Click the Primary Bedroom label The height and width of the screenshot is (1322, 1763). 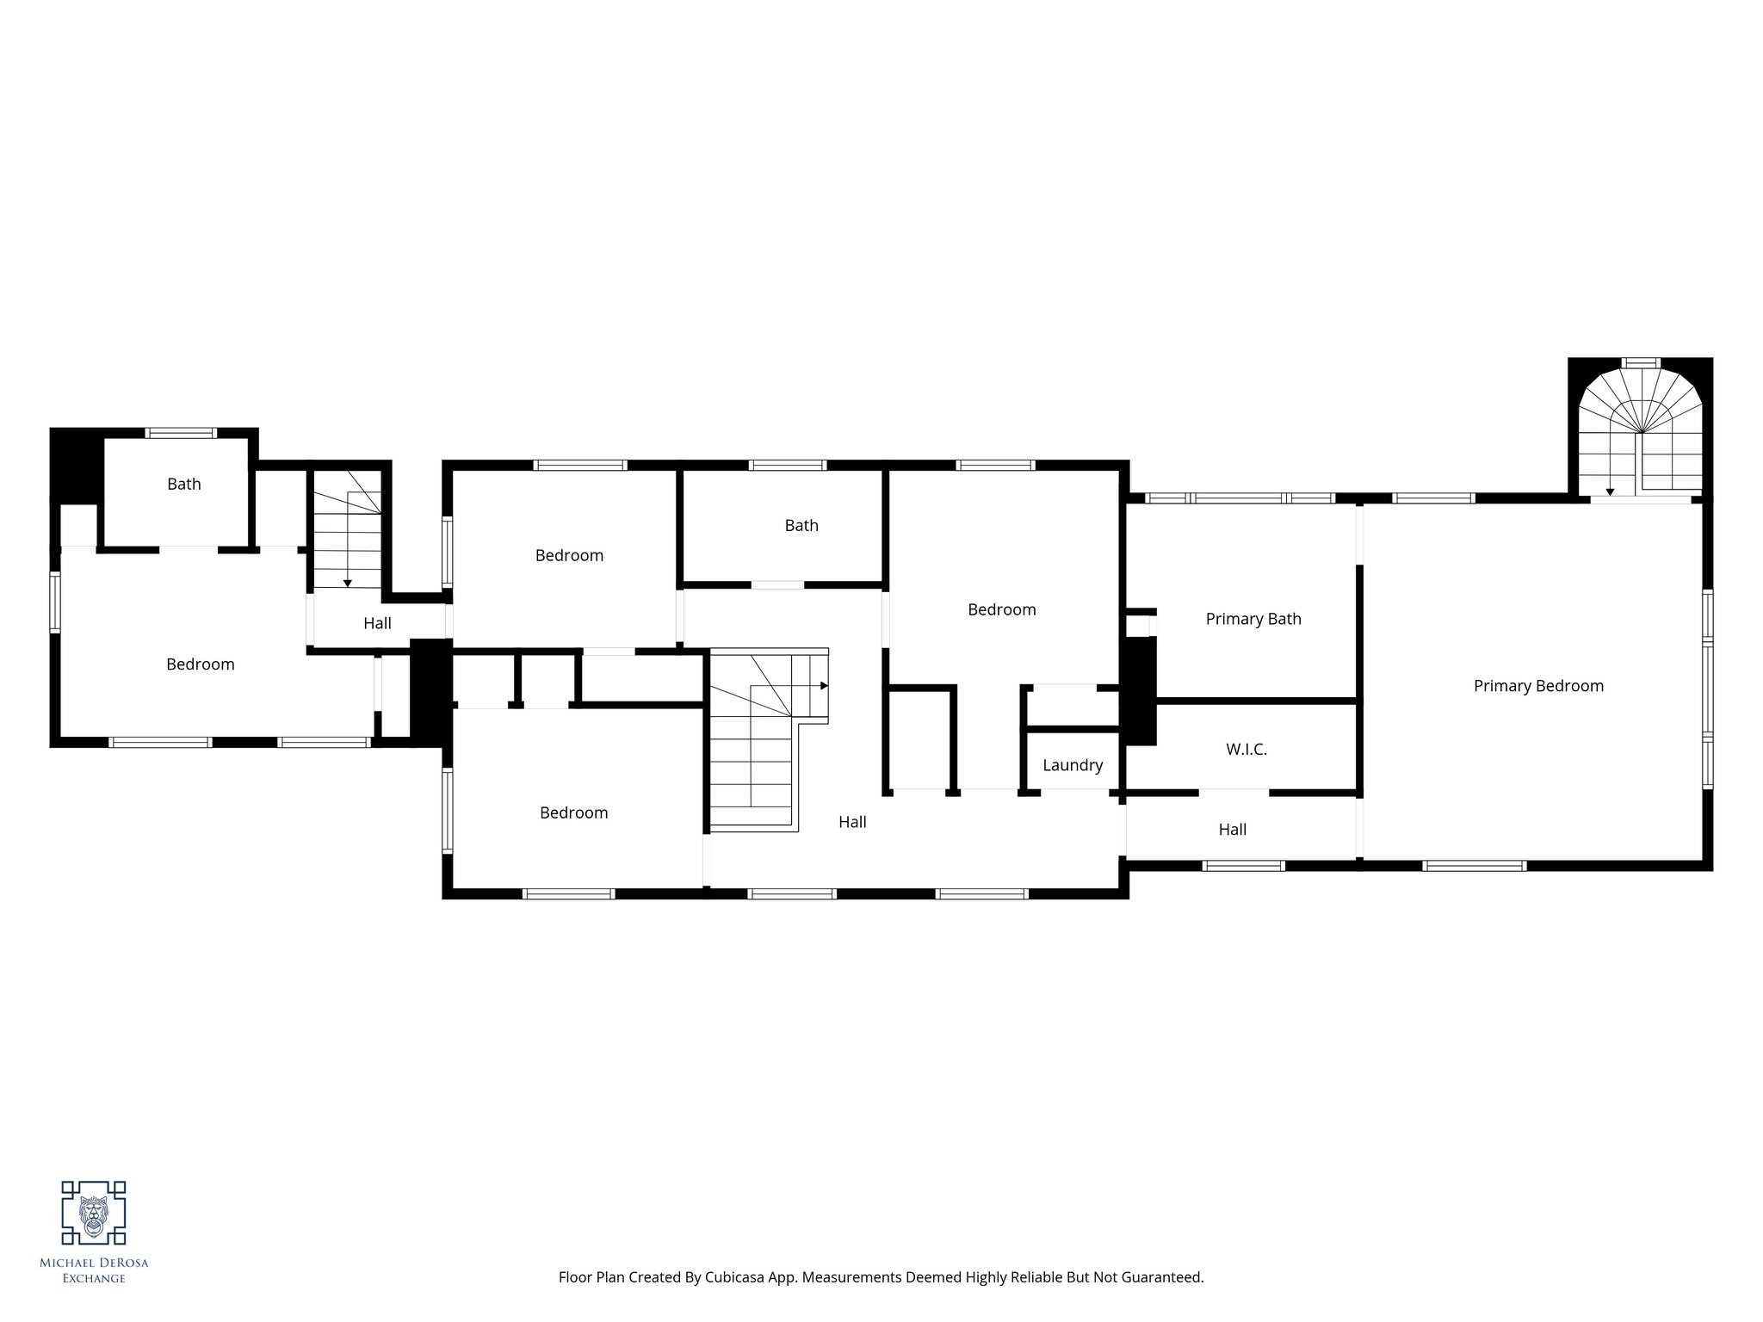click(x=1538, y=686)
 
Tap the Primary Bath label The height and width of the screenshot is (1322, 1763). click(x=1253, y=619)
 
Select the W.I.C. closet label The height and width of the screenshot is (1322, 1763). click(x=1246, y=750)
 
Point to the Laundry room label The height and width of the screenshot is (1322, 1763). click(x=1073, y=765)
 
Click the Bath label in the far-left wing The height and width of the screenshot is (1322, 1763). click(x=184, y=484)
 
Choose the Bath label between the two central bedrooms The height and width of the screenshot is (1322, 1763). click(x=801, y=525)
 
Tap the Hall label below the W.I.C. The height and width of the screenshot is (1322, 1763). click(x=1233, y=830)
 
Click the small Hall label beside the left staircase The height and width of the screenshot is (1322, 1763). click(x=377, y=623)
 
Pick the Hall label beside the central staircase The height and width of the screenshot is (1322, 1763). click(x=852, y=822)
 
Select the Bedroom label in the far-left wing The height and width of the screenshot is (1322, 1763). click(x=201, y=664)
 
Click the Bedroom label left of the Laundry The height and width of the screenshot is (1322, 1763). click(x=1002, y=609)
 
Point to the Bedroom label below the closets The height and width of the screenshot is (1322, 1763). click(x=574, y=812)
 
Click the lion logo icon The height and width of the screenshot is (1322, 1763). click(x=93, y=1213)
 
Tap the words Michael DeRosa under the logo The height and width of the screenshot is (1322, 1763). click(x=94, y=1263)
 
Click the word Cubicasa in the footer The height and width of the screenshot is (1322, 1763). click(x=738, y=1277)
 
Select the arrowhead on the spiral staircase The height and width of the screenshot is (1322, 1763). click(x=1610, y=492)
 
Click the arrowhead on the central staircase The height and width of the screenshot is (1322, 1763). click(x=824, y=686)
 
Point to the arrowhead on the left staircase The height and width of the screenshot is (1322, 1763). click(x=347, y=583)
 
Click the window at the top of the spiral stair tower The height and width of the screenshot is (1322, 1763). click(x=1641, y=362)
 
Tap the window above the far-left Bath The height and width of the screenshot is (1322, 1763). click(x=180, y=433)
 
